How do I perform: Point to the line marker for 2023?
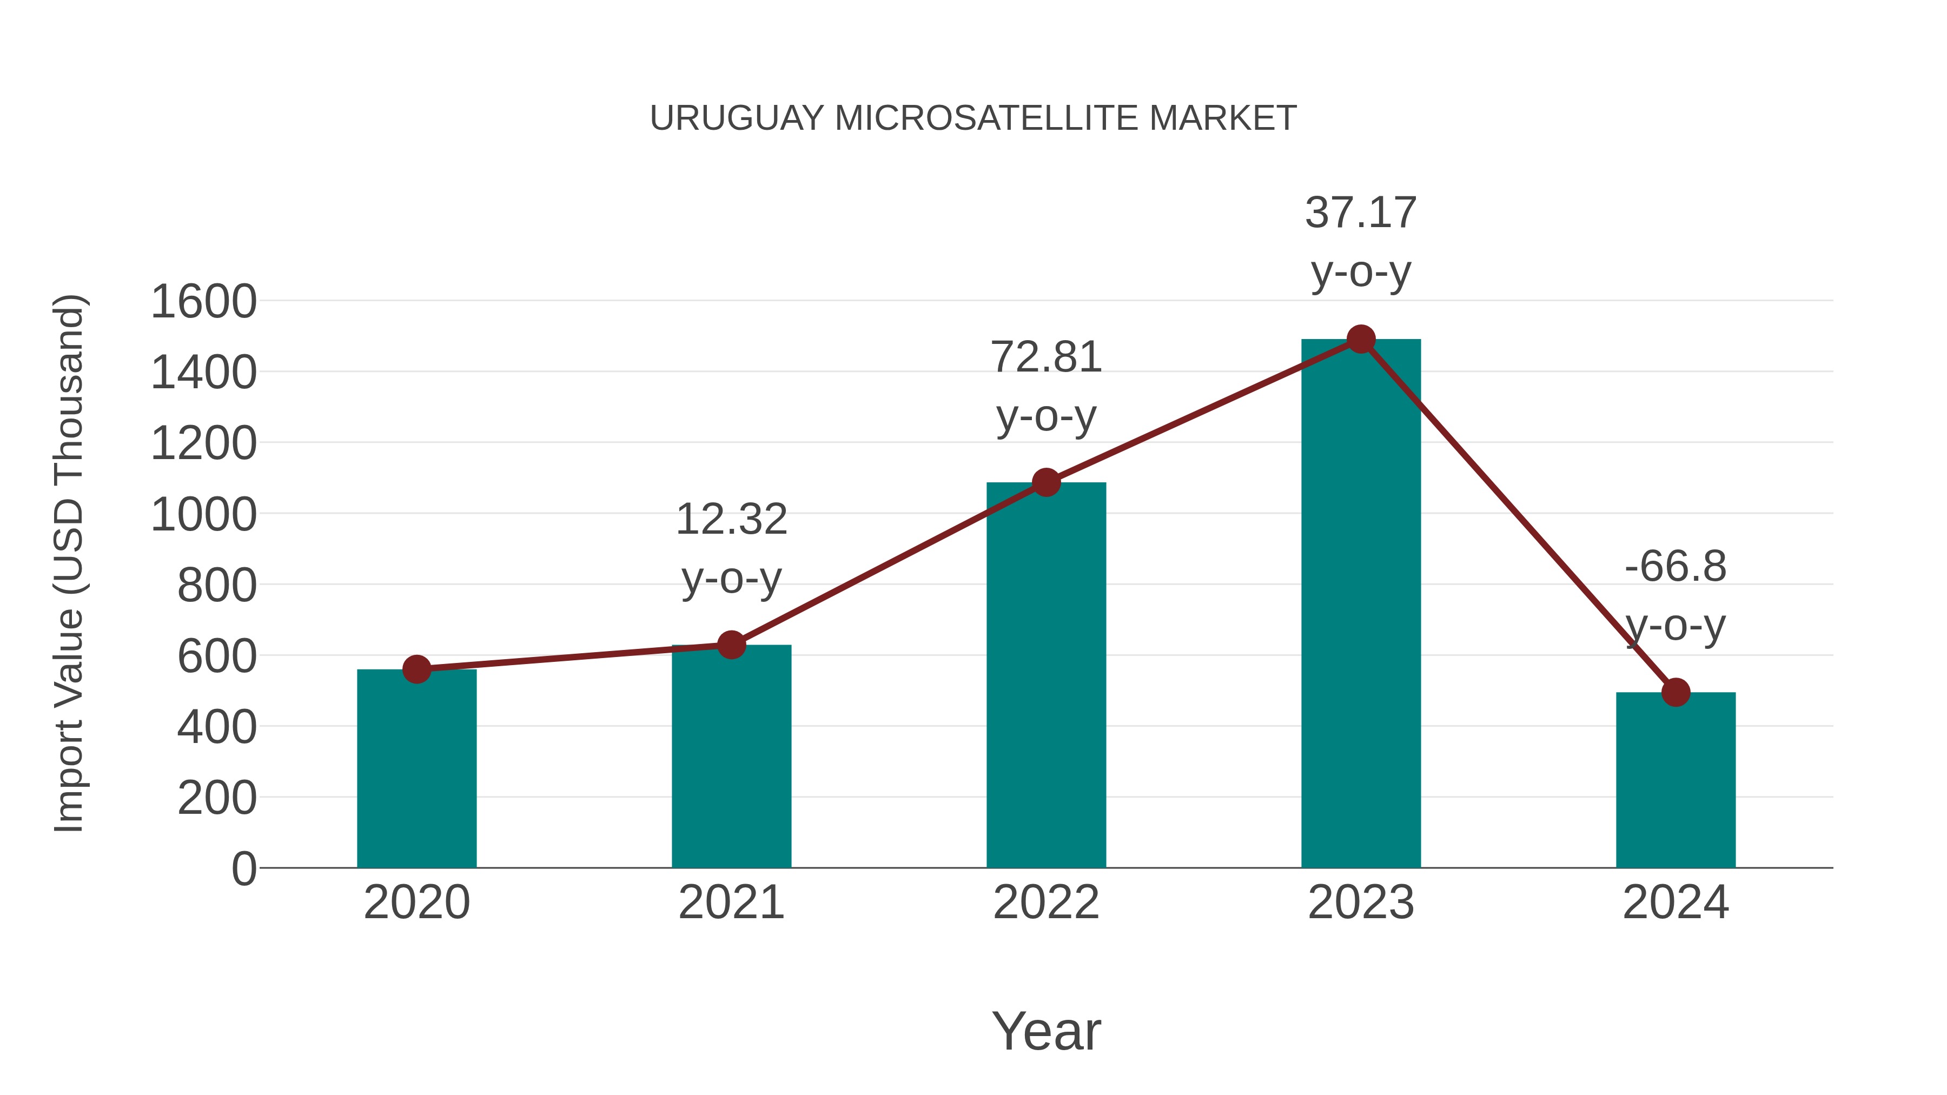point(1361,339)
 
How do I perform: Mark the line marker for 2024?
point(1676,692)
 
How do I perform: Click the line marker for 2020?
point(416,669)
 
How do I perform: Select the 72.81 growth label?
point(1046,357)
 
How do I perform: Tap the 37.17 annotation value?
point(1361,213)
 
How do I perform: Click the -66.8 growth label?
point(1676,566)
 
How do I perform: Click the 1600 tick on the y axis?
point(204,302)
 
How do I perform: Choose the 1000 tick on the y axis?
point(204,515)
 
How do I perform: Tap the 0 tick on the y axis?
point(244,868)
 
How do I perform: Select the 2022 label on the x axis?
point(1046,902)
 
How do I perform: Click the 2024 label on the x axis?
point(1676,902)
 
